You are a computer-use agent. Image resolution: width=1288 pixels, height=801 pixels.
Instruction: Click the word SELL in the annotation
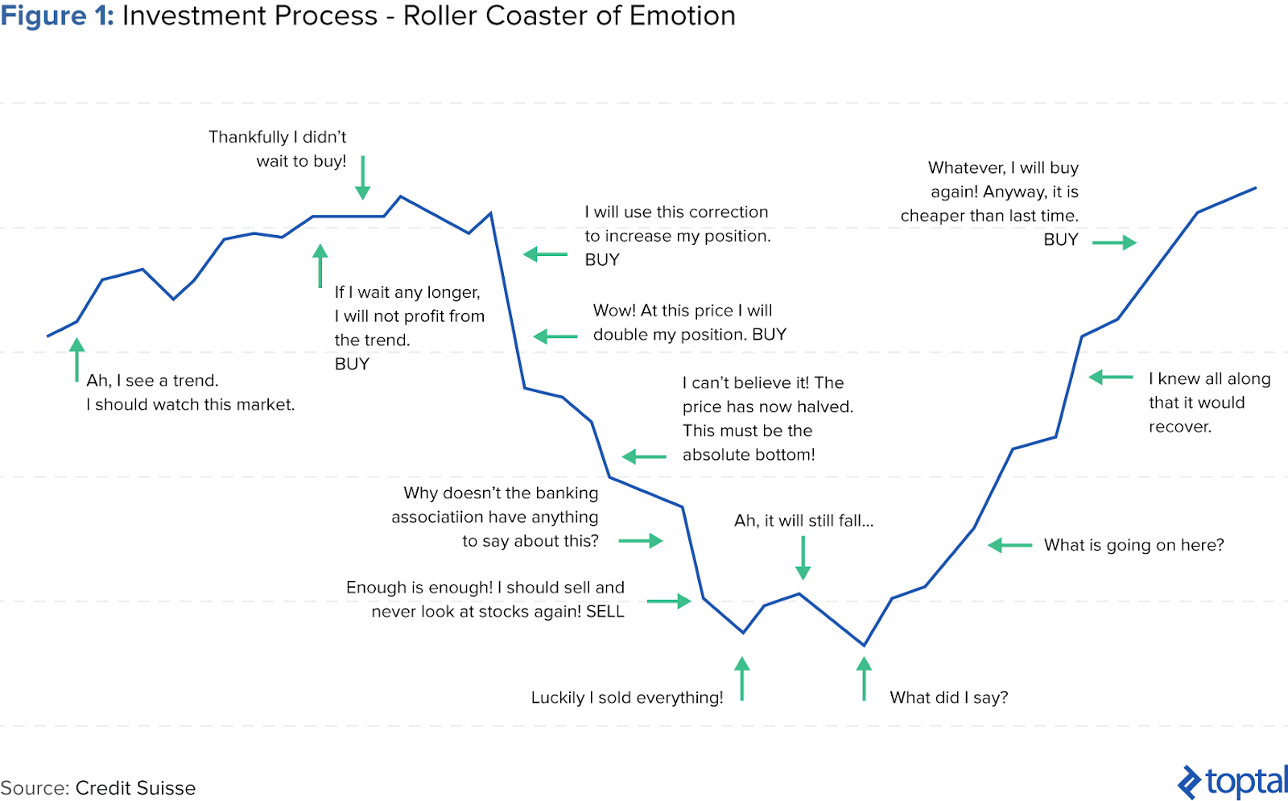click(605, 611)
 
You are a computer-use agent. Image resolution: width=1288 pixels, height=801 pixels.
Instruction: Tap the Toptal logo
click(1232, 782)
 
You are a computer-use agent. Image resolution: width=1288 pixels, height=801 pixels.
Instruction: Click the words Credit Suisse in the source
click(136, 788)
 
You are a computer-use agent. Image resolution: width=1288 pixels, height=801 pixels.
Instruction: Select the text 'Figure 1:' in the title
click(57, 15)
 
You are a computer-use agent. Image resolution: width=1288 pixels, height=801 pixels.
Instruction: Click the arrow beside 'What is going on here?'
click(1009, 545)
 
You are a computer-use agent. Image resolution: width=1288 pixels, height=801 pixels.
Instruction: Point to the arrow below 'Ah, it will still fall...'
click(803, 558)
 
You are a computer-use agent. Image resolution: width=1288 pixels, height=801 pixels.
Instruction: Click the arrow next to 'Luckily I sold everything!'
click(742, 679)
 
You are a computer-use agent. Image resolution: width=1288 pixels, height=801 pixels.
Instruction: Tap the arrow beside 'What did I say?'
click(865, 679)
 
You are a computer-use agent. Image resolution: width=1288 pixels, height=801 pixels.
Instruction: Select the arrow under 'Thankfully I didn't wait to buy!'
click(363, 178)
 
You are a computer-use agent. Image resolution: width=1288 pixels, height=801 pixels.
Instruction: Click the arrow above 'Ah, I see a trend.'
click(76, 360)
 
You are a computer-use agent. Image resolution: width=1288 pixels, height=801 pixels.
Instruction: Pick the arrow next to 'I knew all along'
click(1111, 378)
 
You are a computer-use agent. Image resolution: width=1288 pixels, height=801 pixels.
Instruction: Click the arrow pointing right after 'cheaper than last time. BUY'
click(1114, 242)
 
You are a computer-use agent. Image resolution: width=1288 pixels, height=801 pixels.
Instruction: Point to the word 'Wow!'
click(614, 311)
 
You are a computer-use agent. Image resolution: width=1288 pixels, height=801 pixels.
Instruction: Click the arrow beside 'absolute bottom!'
click(644, 457)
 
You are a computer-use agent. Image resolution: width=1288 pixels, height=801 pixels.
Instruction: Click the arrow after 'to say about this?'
click(641, 540)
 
